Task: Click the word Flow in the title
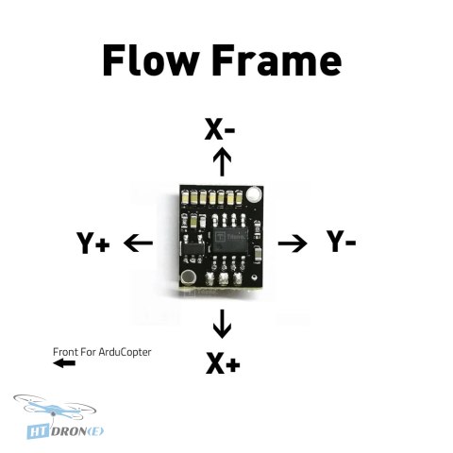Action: point(150,59)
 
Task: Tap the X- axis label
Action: point(219,128)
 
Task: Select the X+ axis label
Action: point(223,362)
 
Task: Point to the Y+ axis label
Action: point(93,243)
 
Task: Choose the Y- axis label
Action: point(341,242)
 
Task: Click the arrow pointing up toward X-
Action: point(222,161)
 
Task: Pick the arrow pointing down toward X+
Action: point(222,324)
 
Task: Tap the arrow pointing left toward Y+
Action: point(138,243)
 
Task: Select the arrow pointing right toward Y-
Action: point(293,243)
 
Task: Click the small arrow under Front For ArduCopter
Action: point(64,363)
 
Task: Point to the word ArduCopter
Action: point(125,352)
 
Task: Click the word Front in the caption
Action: point(65,352)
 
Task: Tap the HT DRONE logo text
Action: point(65,431)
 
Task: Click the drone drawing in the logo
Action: point(55,408)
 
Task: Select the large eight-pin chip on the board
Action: point(229,241)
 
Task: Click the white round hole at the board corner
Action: point(254,194)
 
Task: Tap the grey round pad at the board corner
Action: point(189,277)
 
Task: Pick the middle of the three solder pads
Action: point(224,278)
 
